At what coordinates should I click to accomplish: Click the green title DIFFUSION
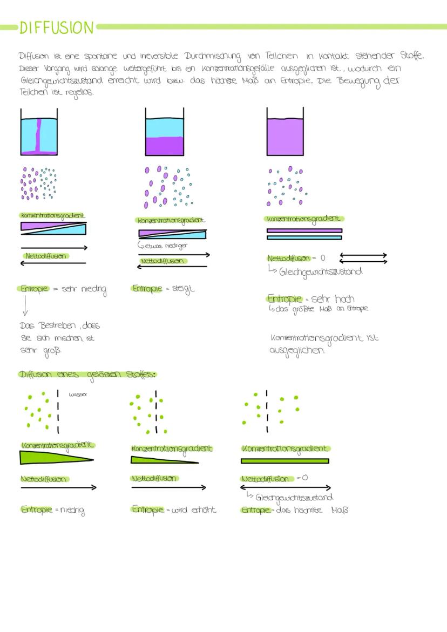(57, 28)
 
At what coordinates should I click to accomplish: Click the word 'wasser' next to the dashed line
(78, 394)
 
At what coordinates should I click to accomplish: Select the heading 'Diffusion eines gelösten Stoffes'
(87, 375)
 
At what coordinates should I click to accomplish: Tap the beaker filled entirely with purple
(285, 132)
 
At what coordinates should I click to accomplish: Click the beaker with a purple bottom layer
(165, 132)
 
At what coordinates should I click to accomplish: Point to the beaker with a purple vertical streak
(39, 132)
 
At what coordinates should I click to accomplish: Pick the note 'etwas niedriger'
(163, 245)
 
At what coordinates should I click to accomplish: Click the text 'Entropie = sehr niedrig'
(63, 289)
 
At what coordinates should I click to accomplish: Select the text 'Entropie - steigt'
(163, 289)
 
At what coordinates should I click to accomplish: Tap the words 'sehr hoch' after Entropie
(333, 299)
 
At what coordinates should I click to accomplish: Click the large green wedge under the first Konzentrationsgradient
(57, 457)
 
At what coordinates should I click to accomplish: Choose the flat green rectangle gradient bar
(285, 461)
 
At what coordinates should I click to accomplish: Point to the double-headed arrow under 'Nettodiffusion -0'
(286, 488)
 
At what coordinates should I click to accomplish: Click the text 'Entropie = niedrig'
(53, 510)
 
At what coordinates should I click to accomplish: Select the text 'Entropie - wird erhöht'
(174, 510)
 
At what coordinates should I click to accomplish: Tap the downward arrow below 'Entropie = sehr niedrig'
(25, 305)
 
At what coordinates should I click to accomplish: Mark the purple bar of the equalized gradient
(304, 230)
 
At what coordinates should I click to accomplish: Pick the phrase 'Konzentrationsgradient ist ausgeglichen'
(324, 344)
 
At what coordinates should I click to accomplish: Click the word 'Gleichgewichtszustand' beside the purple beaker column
(321, 272)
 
